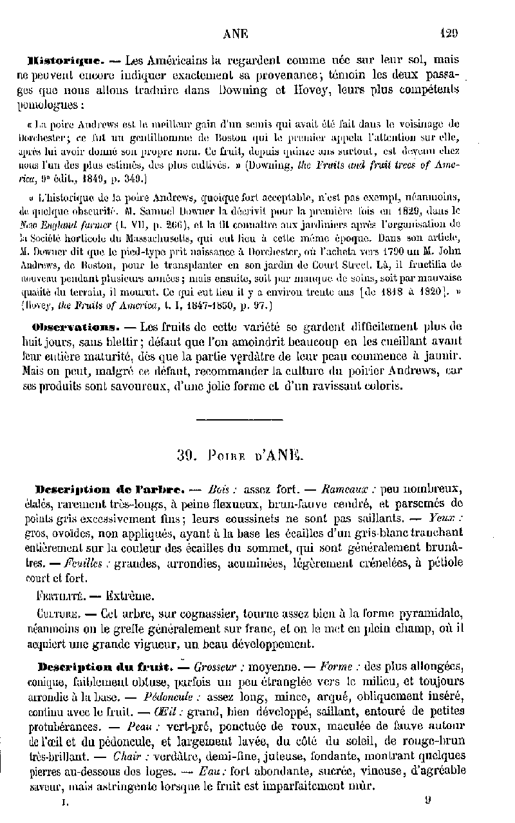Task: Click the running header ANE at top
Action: pos(236,34)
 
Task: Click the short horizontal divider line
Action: pos(238,420)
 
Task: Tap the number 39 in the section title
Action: pos(185,456)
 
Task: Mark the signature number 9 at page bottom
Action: pos(428,800)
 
